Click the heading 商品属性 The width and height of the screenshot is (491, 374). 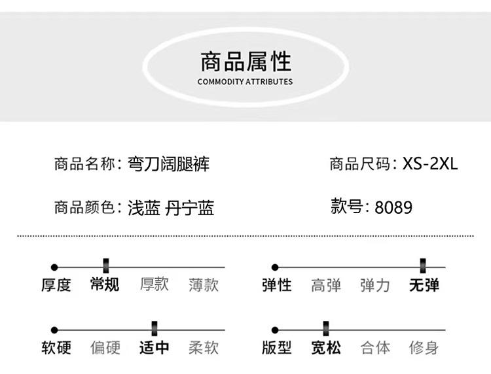point(245,62)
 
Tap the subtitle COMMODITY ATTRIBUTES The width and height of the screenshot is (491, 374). point(245,82)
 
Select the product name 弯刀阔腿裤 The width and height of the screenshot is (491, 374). point(169,163)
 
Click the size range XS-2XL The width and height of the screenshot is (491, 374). point(430,163)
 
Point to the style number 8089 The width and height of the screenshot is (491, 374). point(393,207)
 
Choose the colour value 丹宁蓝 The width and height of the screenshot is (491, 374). point(191,208)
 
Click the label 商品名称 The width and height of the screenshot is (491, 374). point(84,163)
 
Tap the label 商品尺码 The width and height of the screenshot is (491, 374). point(359,163)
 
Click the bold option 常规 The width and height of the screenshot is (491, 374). point(105,284)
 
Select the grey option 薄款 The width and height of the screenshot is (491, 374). point(204,284)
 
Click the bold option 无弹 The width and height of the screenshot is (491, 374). point(424,284)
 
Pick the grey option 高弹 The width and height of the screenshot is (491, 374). point(325,284)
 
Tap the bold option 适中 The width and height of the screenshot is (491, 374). point(154,347)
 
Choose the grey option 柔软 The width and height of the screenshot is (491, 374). point(204,347)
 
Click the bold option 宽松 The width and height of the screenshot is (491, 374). point(325,347)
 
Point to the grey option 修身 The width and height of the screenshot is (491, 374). point(424,347)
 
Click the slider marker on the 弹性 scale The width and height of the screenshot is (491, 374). point(424,266)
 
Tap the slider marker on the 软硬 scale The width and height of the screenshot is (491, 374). point(154,329)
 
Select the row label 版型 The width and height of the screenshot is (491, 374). point(276,347)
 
